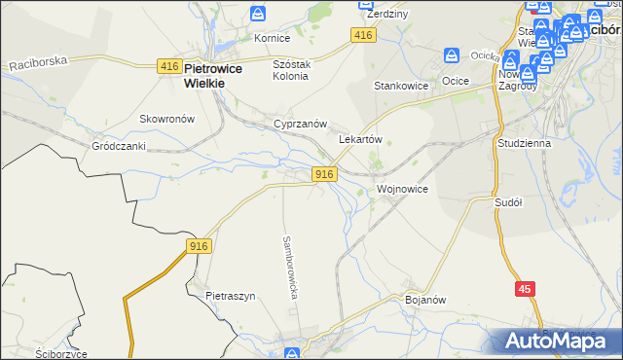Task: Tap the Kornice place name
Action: [x=273, y=38]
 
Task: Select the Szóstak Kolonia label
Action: [x=290, y=70]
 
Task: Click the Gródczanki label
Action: [x=118, y=146]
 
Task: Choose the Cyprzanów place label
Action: [x=299, y=126]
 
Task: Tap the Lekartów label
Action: [x=359, y=139]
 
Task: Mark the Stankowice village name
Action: [x=402, y=86]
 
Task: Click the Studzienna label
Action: [x=524, y=143]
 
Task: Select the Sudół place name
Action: [x=509, y=202]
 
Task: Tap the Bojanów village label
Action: [x=424, y=301]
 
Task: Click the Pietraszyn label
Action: [x=230, y=295]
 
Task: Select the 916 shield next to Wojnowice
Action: [x=325, y=173]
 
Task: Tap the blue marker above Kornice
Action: [x=258, y=14]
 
